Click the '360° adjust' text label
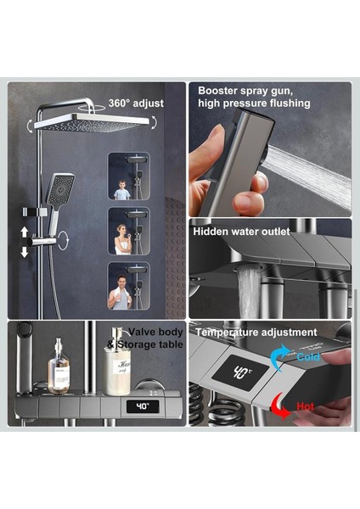point(136,103)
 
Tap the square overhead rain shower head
point(92,123)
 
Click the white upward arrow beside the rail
point(25,232)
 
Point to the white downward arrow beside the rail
point(25,252)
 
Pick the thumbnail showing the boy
point(129,176)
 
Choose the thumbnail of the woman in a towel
point(129,231)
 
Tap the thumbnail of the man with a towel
point(129,286)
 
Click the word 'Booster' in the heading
point(217,91)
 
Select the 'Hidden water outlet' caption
point(241,232)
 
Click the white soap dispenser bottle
point(117,362)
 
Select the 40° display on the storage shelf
point(143,406)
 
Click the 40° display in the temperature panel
point(241,372)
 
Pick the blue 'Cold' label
point(308,357)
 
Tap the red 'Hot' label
point(306,406)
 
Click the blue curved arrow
point(278,357)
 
